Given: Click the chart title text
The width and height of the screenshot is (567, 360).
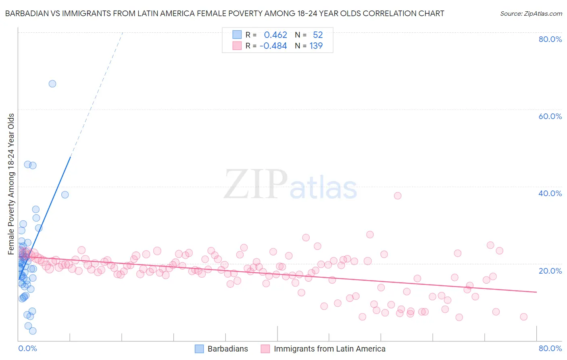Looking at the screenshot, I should (x=224, y=13).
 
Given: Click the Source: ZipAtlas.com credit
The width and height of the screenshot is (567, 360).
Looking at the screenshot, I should (x=531, y=13).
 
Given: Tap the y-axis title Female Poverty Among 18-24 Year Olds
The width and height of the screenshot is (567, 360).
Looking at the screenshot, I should (x=11, y=184).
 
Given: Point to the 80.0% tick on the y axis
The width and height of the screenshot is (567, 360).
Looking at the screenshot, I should (x=550, y=39).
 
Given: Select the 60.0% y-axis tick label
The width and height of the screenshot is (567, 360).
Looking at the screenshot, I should (x=550, y=116).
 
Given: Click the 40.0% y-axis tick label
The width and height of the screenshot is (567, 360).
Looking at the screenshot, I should (x=550, y=193).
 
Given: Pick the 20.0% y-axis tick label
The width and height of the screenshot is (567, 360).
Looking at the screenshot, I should (x=550, y=271).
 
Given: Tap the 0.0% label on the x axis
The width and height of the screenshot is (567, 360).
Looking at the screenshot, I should (x=27, y=348).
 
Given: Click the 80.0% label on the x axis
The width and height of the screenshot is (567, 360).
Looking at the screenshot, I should (x=550, y=348).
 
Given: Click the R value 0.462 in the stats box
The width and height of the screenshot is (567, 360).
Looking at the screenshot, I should (x=275, y=35).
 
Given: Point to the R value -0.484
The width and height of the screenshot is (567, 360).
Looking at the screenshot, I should (x=273, y=46).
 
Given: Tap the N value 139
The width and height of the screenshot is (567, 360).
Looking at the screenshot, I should (x=316, y=46).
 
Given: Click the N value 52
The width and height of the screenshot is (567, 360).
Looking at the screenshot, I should (x=318, y=35).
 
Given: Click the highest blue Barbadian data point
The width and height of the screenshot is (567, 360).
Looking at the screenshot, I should (x=52, y=84).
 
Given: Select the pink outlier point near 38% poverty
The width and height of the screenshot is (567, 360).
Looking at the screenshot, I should (x=398, y=196).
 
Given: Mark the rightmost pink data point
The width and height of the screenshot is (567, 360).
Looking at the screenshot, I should (x=523, y=317).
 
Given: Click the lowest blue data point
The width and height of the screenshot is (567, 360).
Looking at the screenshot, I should (x=33, y=331).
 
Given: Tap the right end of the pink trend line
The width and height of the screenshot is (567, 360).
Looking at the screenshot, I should (x=536, y=292).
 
